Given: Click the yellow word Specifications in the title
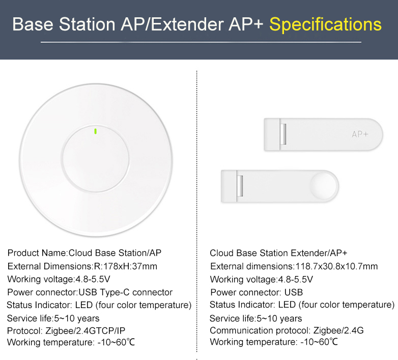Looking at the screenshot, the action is pyautogui.click(x=325, y=24).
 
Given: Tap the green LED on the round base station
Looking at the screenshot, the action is pyautogui.click(x=96, y=131).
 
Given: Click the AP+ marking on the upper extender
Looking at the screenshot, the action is pyautogui.click(x=360, y=134).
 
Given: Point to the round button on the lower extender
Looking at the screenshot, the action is pyautogui.click(x=324, y=185).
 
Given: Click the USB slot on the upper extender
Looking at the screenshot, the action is pyautogui.click(x=283, y=134).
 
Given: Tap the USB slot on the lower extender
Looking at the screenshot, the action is pyautogui.click(x=240, y=186).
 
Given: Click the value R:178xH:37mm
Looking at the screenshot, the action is pyautogui.click(x=125, y=266).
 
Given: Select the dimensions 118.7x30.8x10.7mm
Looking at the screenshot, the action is pyautogui.click(x=336, y=266).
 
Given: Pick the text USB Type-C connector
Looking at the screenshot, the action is pyautogui.click(x=125, y=292).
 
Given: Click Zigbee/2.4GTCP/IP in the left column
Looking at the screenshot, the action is pyautogui.click(x=86, y=330).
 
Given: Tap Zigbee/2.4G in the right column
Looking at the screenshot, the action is pyautogui.click(x=338, y=330).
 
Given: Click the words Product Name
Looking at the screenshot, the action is pyautogui.click(x=37, y=253).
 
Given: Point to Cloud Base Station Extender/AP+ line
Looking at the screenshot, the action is pyautogui.click(x=278, y=253).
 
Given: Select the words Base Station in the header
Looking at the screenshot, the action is pyautogui.click(x=64, y=24).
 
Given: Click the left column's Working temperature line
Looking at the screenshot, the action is pyautogui.click(x=71, y=342).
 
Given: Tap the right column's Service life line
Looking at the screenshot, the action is pyautogui.click(x=256, y=318).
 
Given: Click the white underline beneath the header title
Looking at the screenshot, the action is pyautogui.click(x=201, y=42).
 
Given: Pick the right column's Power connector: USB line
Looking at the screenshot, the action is pyautogui.click(x=257, y=292).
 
